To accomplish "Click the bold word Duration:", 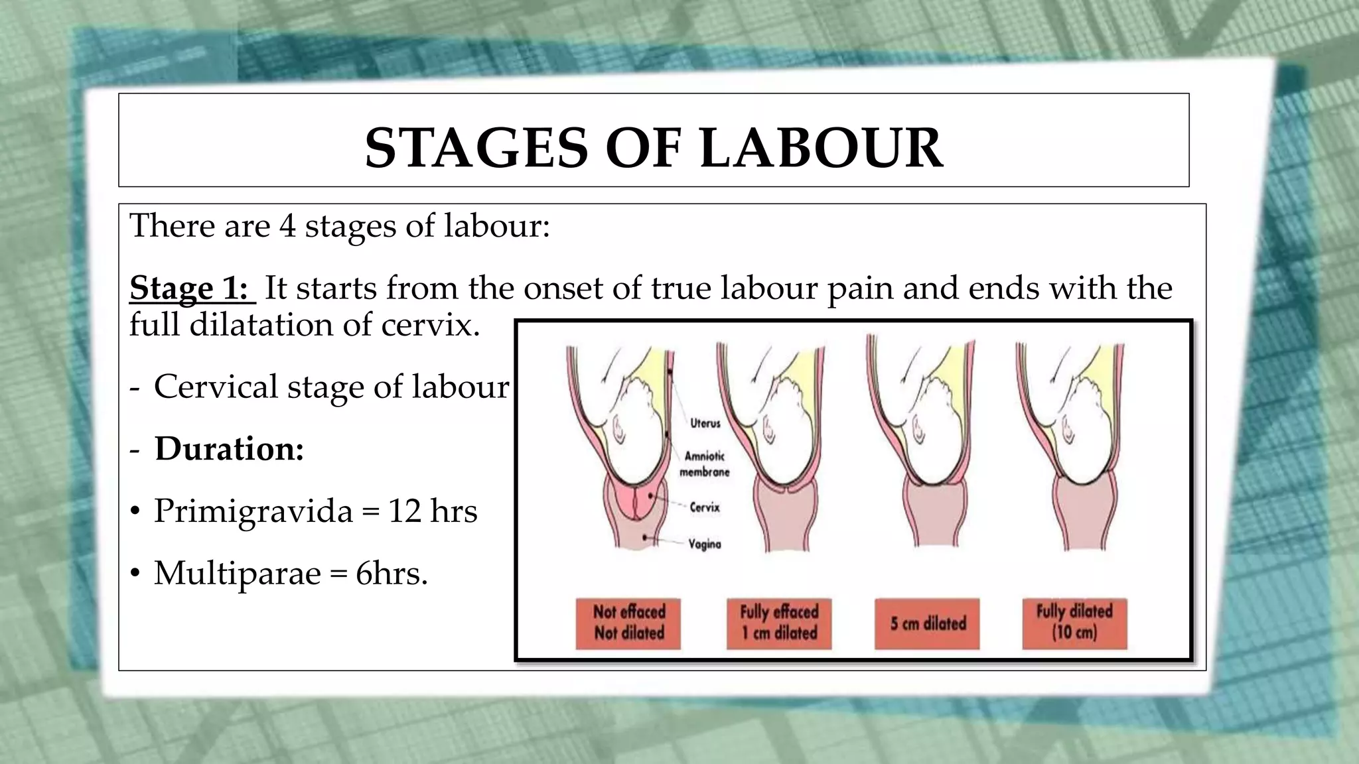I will pos(229,449).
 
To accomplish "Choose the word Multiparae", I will pos(238,573).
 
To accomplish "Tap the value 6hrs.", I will pos(392,573).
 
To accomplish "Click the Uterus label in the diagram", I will pos(705,423).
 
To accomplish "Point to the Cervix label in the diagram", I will pos(705,507).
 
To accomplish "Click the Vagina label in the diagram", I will pos(705,544).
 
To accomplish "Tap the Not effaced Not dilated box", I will pos(628,623).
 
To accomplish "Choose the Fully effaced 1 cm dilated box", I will pos(779,623).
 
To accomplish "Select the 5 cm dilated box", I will pos(928,623).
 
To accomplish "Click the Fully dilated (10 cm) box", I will pos(1074,623).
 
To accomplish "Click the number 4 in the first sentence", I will pos(287,226).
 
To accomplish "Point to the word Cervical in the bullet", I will pos(216,387).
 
